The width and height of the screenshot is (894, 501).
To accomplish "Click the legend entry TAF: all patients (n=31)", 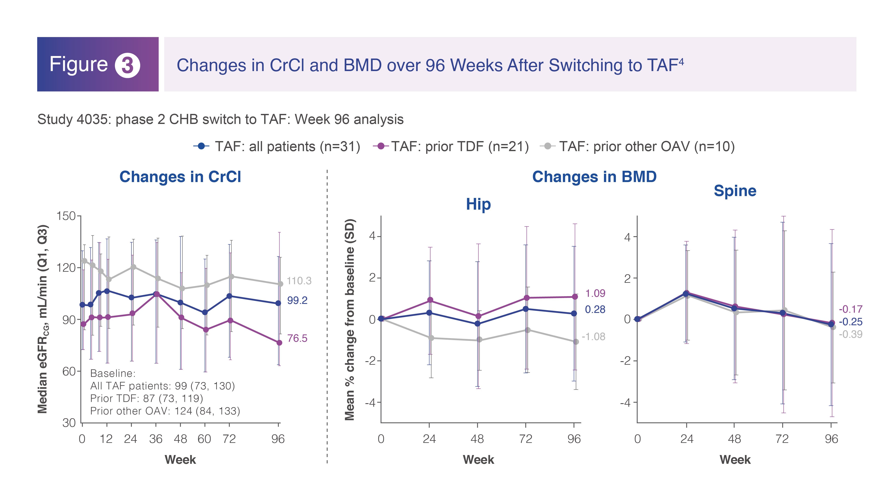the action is tap(277, 146).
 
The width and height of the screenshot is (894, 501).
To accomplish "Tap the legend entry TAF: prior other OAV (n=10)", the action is tap(637, 146).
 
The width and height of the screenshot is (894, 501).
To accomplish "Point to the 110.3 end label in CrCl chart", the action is tap(299, 281).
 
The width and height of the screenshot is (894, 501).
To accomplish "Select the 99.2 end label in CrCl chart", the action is tap(297, 300).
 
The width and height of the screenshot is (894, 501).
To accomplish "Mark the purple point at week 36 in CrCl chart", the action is tap(157, 294).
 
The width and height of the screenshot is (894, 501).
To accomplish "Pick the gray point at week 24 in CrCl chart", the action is tap(133, 267).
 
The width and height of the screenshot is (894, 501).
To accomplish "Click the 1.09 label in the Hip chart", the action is tap(595, 293).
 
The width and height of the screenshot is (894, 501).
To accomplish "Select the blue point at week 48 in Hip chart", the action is tap(478, 324).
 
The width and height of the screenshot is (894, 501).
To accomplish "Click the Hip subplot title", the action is tap(478, 204).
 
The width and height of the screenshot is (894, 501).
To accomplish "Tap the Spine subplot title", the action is tap(735, 191).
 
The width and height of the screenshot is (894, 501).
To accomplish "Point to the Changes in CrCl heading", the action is tap(180, 177).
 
